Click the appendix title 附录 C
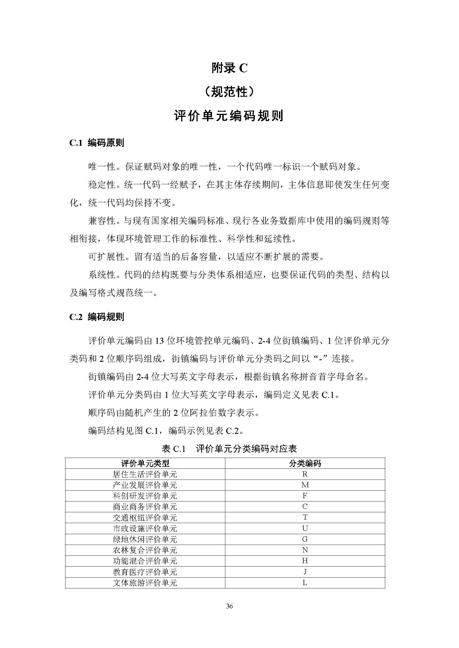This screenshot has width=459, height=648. (229, 68)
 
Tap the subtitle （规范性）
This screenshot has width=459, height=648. (229, 92)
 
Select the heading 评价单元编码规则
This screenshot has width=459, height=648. (229, 116)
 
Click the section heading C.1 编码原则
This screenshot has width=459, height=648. (97, 143)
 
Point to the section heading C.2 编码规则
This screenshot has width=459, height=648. (97, 317)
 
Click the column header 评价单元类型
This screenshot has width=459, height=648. (145, 463)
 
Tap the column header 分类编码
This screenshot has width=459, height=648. (305, 463)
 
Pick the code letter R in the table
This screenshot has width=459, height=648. (305, 474)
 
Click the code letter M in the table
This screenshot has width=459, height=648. (305, 485)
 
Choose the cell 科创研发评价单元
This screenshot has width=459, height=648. (145, 496)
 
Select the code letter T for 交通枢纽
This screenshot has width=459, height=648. (305, 518)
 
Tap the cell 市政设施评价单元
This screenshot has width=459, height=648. (145, 528)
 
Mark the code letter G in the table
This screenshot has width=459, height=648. (305, 539)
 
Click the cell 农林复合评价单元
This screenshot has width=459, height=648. (145, 550)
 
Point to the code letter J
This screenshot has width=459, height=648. (305, 572)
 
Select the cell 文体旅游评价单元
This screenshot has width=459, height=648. (145, 583)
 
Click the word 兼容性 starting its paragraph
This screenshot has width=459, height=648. (102, 221)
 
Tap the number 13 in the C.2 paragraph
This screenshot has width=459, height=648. (159, 341)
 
